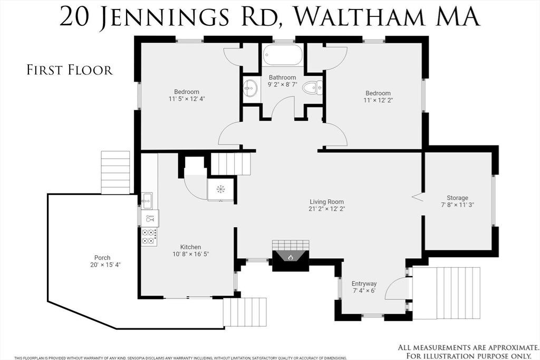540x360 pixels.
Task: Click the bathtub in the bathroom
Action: point(283,55)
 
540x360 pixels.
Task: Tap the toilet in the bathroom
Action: point(313,88)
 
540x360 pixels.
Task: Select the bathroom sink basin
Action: point(250,89)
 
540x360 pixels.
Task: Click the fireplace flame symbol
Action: point(291,257)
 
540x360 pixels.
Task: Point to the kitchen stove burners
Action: point(149,237)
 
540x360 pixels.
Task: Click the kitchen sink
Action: point(148,201)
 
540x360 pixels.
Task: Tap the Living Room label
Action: point(326,202)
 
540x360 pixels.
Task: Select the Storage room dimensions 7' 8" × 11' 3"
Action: point(457,205)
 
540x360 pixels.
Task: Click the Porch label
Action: point(102,257)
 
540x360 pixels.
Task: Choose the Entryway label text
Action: point(364,284)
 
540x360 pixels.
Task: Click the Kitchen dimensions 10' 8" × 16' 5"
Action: point(191,254)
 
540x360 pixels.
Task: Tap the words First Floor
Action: point(70,70)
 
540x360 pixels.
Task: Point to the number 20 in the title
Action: point(73,16)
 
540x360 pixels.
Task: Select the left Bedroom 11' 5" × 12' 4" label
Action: point(186,95)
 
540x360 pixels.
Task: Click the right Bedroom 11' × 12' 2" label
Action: point(378,96)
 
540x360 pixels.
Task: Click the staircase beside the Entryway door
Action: point(446,293)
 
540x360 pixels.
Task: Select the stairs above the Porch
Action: point(115,172)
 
